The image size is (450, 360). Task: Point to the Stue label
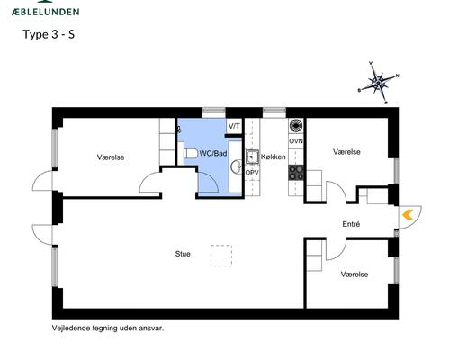(x=183, y=255)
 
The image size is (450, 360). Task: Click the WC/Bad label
(x=212, y=155)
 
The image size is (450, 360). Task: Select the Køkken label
(x=273, y=157)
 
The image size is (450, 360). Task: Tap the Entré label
(x=351, y=223)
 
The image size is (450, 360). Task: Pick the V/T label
(x=234, y=126)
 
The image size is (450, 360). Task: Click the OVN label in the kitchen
(x=295, y=141)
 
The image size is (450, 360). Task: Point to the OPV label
(x=252, y=173)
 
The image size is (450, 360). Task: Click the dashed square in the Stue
(x=221, y=256)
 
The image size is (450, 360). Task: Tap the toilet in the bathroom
(x=190, y=154)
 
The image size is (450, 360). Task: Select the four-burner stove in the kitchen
(x=295, y=126)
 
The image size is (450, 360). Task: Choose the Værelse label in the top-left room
(x=111, y=157)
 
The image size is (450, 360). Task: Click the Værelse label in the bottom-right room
(x=354, y=273)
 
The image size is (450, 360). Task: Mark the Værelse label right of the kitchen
(x=346, y=152)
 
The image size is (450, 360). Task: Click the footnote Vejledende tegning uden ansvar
(x=108, y=328)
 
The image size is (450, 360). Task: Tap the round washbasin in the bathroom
(x=236, y=166)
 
